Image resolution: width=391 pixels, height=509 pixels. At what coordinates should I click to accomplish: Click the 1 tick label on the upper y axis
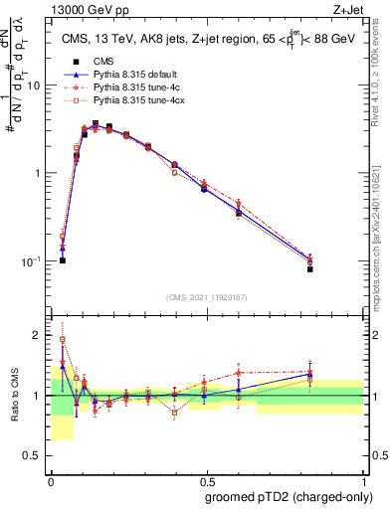pyautogui.click(x=41, y=173)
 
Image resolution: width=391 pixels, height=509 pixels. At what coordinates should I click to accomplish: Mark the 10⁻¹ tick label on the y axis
pyautogui.click(x=35, y=260)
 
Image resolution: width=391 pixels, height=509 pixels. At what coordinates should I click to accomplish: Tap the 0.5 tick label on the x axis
pyautogui.click(x=207, y=477)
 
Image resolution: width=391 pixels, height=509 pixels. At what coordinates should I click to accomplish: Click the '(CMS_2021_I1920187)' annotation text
pyautogui.click(x=207, y=296)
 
